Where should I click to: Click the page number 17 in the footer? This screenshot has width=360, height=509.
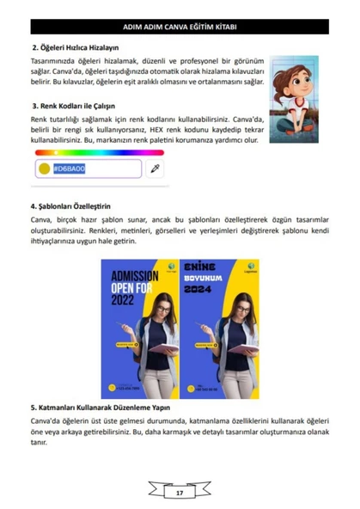click(x=180, y=493)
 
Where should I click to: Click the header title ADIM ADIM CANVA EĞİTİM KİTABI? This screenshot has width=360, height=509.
click(x=180, y=27)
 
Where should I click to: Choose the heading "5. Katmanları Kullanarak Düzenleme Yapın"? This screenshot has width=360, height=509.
click(x=101, y=407)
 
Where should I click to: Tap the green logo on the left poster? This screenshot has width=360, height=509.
click(x=172, y=267)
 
